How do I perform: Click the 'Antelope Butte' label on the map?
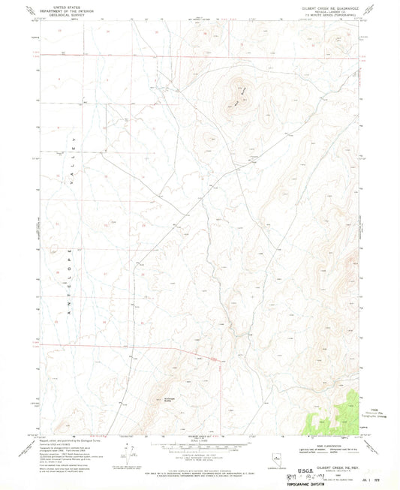point(168,400)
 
